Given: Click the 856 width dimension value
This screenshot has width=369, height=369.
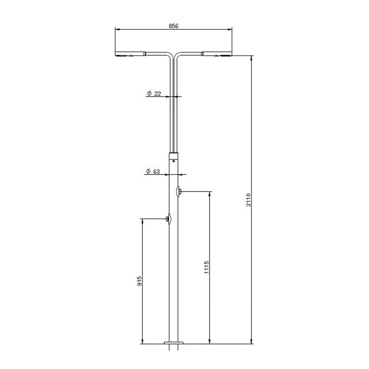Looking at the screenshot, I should tap(174, 26).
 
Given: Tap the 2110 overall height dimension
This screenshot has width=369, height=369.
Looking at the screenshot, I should tap(249, 200).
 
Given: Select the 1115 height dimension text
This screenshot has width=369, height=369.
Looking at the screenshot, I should tap(206, 267).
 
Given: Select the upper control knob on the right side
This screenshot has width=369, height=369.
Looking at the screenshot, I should tap(179, 192).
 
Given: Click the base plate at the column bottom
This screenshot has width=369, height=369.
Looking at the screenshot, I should tap(174, 342).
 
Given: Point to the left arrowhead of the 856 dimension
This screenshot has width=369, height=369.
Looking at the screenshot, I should tap(117, 29).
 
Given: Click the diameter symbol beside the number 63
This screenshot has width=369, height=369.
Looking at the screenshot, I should tap(148, 172).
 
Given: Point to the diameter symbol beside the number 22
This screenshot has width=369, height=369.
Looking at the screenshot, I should tap(149, 94).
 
